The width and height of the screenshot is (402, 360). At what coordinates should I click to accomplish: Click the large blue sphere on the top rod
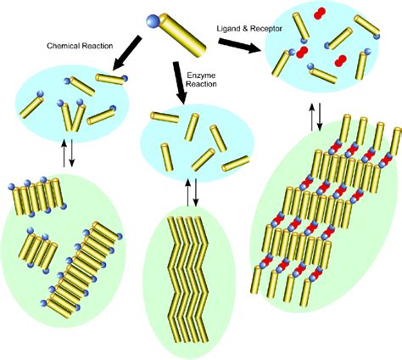[154, 21]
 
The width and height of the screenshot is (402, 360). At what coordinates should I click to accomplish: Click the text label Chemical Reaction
[80, 46]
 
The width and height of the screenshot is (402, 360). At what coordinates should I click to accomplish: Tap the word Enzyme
[201, 76]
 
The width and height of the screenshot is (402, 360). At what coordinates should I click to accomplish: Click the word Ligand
[227, 29]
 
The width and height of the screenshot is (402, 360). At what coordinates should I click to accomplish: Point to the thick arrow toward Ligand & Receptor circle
[239, 46]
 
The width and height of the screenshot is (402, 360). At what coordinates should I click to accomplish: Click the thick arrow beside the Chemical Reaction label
[126, 53]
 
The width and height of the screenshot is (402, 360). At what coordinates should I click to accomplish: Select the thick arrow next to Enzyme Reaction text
[180, 82]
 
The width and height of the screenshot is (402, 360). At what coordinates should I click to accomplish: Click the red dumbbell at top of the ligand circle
[320, 13]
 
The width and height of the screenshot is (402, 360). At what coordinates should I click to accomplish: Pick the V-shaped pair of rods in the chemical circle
[70, 116]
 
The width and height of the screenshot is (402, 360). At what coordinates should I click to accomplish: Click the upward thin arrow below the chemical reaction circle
[64, 153]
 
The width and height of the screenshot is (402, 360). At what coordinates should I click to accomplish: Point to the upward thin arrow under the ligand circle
[312, 117]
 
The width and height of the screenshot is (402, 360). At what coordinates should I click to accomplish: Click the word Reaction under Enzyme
[202, 84]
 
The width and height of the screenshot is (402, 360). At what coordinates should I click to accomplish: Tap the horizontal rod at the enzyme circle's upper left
[165, 117]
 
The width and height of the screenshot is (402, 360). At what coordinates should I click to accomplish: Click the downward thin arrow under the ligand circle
[320, 117]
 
